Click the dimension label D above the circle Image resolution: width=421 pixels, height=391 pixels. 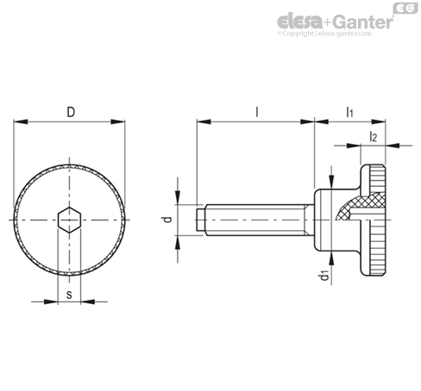tap(70, 111)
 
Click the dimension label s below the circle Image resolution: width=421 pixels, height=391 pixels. tap(70, 293)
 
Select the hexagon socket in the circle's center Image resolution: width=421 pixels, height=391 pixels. tap(70, 220)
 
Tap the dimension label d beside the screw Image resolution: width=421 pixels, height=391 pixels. tap(168, 220)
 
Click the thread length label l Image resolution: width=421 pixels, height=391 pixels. tap(256, 111)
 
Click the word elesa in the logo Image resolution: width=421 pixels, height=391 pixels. tap(298, 21)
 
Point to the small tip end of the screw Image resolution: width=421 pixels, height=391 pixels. tap(201, 220)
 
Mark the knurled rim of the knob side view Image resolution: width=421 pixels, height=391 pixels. tap(376, 220)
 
